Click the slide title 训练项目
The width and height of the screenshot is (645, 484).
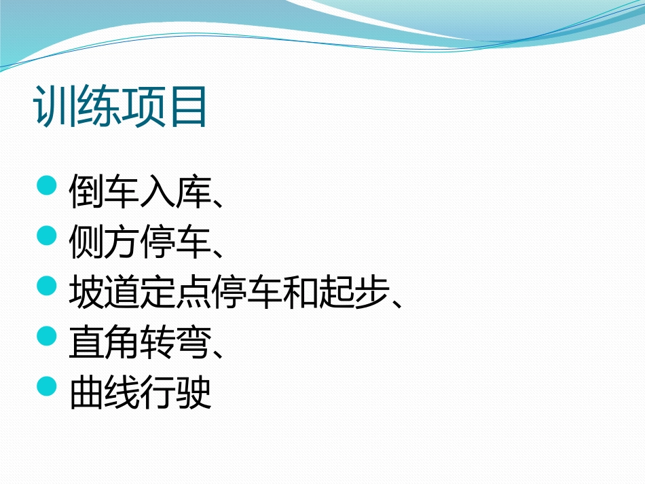(121, 107)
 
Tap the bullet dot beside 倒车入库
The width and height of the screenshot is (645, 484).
(46, 185)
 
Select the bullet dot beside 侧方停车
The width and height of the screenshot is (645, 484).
(46, 236)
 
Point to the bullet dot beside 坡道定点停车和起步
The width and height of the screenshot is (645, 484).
(46, 286)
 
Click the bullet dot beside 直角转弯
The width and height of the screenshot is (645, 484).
(46, 336)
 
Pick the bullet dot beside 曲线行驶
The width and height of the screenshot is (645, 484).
(46, 386)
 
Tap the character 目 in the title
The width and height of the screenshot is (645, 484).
(187, 107)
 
